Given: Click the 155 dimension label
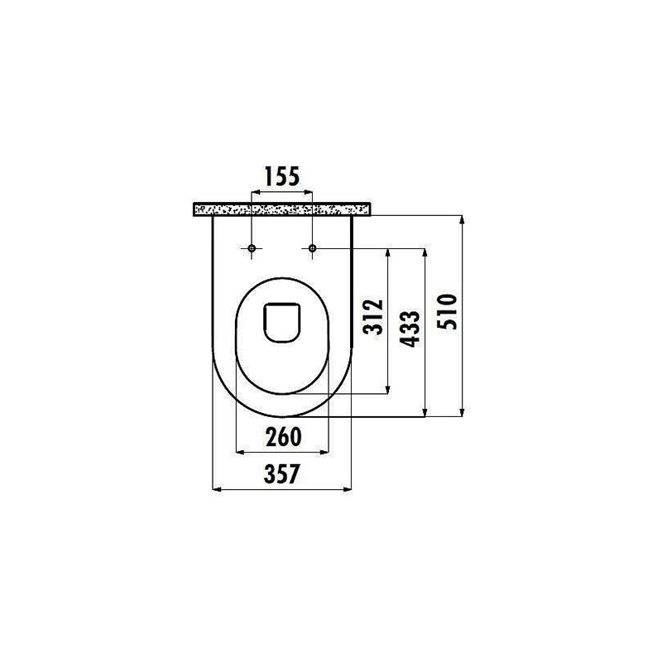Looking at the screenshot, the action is tap(281, 176).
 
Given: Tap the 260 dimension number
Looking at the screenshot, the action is tap(283, 437).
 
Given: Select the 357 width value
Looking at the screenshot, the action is tap(281, 473).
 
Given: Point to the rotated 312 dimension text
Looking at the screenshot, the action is tap(373, 316).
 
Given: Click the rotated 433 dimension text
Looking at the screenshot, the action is tap(410, 329).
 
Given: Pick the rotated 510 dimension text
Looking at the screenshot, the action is tap(447, 312).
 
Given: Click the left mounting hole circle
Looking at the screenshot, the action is tap(252, 247).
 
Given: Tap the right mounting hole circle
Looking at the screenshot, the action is tap(312, 247).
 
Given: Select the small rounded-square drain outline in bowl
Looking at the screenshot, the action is tap(281, 322).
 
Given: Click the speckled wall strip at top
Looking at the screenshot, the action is tap(281, 209).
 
